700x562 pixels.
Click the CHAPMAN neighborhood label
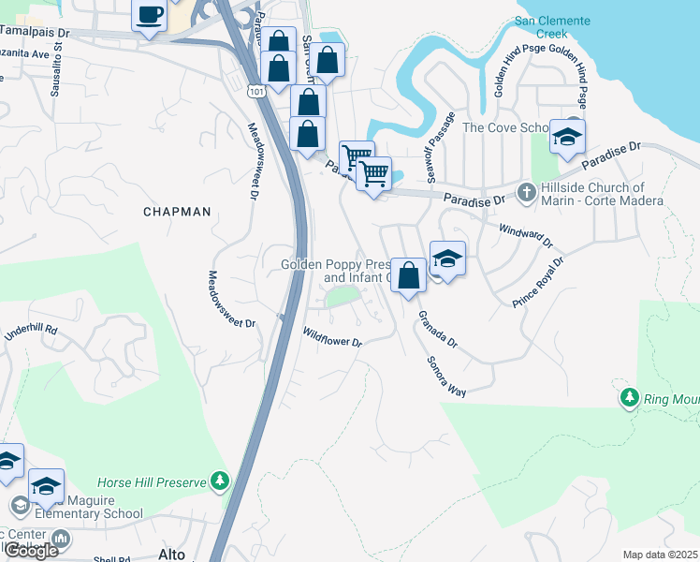(177, 212)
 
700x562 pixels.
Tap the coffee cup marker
(150, 16)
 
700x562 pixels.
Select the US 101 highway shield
(255, 91)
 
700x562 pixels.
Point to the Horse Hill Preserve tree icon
(220, 481)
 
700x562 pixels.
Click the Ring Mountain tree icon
(630, 398)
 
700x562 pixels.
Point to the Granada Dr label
(437, 330)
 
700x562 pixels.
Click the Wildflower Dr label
(331, 336)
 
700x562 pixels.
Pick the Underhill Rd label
(31, 332)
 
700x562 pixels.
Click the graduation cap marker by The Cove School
(567, 136)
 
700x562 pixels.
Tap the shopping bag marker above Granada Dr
(408, 275)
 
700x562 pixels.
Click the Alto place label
(172, 555)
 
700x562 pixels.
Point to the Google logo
(30, 551)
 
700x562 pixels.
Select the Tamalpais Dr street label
(36, 35)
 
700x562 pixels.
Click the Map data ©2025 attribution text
(661, 555)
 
